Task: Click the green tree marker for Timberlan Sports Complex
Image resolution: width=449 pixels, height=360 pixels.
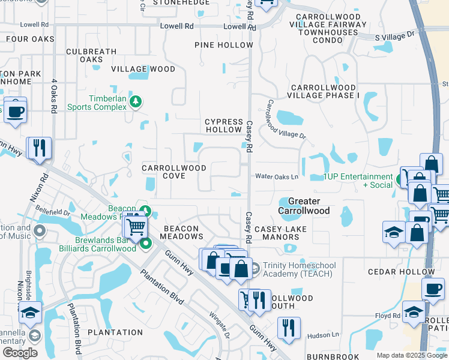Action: click(x=137, y=101)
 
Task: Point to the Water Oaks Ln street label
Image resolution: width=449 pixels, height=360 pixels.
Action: click(x=277, y=176)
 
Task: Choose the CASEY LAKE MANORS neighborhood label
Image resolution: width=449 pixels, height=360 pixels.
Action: click(x=280, y=233)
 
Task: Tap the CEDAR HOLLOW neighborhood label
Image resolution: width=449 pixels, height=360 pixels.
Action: click(x=394, y=271)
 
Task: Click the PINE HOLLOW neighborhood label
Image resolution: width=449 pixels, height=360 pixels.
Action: click(x=224, y=45)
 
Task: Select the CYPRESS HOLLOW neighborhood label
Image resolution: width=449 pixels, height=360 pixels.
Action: click(x=224, y=125)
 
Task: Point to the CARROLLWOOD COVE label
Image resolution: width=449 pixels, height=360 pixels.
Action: click(x=174, y=172)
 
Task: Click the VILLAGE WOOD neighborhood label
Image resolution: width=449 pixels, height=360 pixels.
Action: click(x=143, y=69)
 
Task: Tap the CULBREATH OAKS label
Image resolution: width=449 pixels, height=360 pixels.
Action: click(x=91, y=55)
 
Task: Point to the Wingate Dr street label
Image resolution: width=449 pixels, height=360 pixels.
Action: click(x=220, y=323)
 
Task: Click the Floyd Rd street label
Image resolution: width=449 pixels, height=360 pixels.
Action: click(x=388, y=316)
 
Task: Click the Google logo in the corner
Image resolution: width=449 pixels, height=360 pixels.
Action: click(x=20, y=353)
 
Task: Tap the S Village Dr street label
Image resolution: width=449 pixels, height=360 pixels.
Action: click(x=394, y=36)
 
